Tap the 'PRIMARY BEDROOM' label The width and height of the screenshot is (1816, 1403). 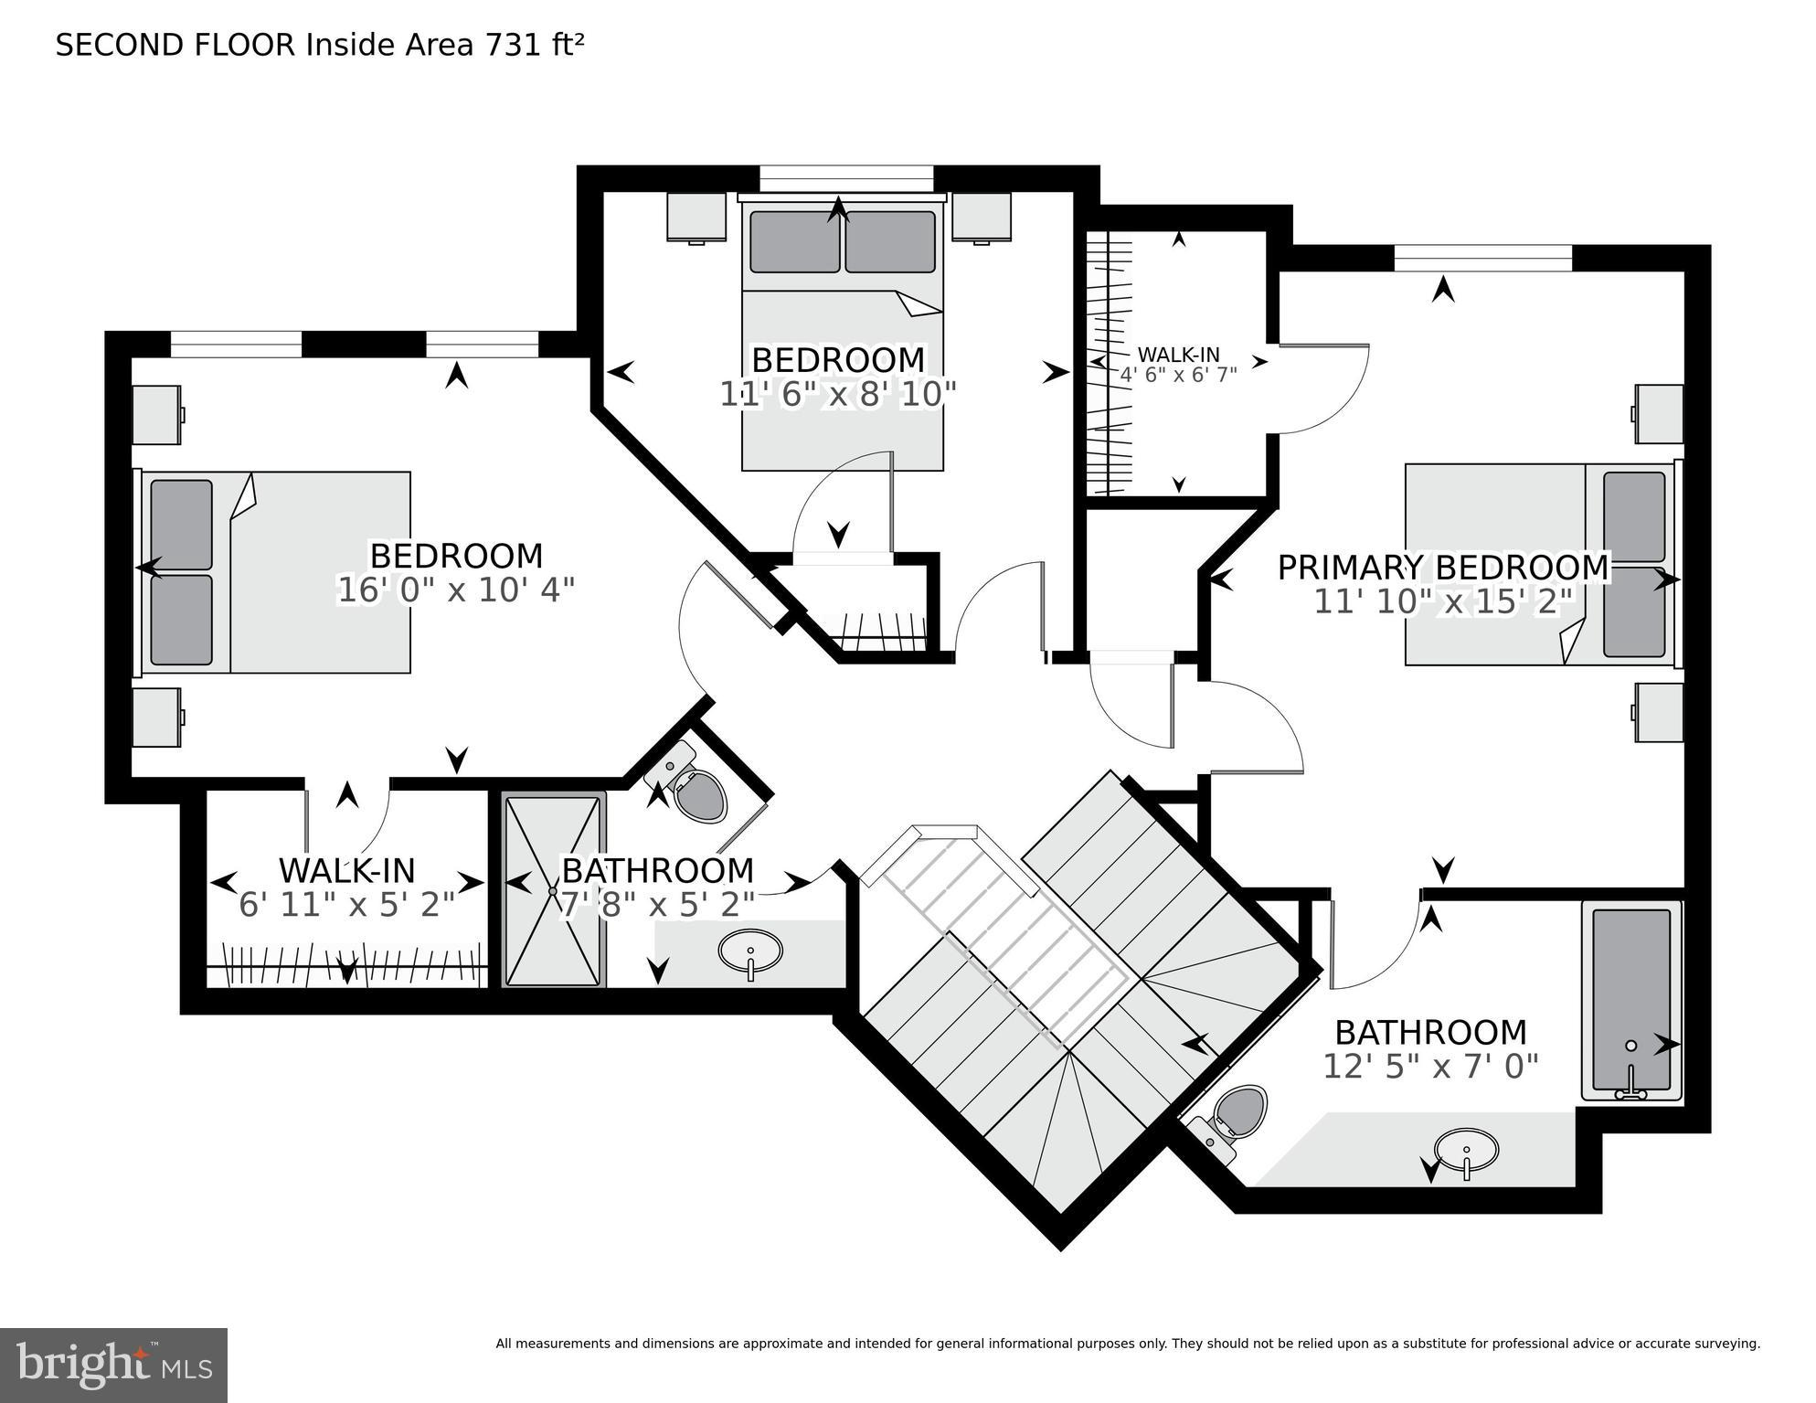(1442, 567)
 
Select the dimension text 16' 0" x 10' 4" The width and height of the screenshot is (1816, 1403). (455, 590)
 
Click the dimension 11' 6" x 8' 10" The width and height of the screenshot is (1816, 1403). (837, 394)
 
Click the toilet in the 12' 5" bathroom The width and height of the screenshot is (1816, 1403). (1238, 1115)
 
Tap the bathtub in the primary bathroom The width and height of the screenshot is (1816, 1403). (1631, 1001)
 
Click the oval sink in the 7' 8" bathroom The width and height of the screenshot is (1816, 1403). (750, 951)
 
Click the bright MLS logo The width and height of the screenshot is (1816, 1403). (113, 1365)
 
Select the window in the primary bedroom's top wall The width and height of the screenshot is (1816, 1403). (1482, 259)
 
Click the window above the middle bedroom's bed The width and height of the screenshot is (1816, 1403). (845, 178)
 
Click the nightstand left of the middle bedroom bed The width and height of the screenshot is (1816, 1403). (696, 217)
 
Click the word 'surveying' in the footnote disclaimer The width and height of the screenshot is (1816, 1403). (1722, 1344)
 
